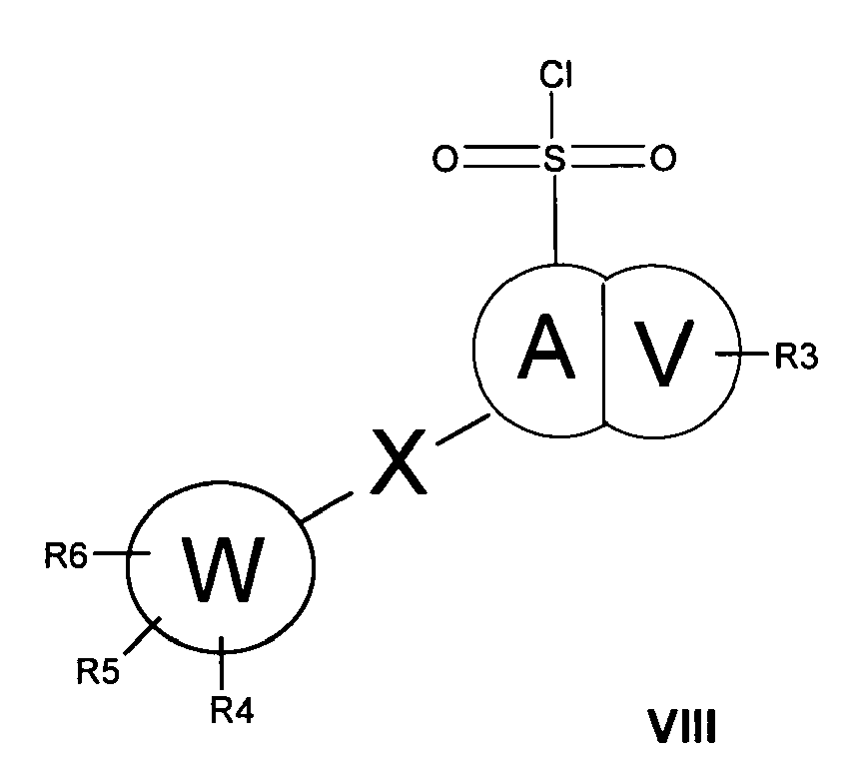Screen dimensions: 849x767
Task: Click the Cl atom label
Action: [x=555, y=74]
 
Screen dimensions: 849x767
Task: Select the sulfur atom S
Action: [x=554, y=159]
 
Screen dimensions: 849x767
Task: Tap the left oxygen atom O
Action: [x=445, y=159]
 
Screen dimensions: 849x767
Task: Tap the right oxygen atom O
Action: [x=663, y=159]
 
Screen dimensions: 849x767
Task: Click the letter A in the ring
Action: [x=545, y=347]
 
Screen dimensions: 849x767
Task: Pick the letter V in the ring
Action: [x=664, y=354]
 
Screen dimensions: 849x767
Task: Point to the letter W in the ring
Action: [x=224, y=569]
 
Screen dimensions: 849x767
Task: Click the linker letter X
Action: [x=398, y=461]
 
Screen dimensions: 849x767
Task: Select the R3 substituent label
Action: [x=796, y=357]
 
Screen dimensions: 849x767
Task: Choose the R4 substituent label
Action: [x=232, y=710]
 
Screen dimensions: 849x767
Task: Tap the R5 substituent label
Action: [x=98, y=671]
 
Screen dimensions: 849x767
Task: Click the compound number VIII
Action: [x=681, y=727]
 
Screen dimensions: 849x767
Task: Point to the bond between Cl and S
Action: [x=552, y=116]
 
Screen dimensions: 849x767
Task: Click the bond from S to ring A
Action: [x=555, y=220]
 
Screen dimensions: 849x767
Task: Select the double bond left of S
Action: [x=500, y=156]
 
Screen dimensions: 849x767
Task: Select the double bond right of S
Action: [x=606, y=156]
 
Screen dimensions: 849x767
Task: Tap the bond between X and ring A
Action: [x=463, y=429]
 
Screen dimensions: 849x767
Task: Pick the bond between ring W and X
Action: [x=327, y=507]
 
